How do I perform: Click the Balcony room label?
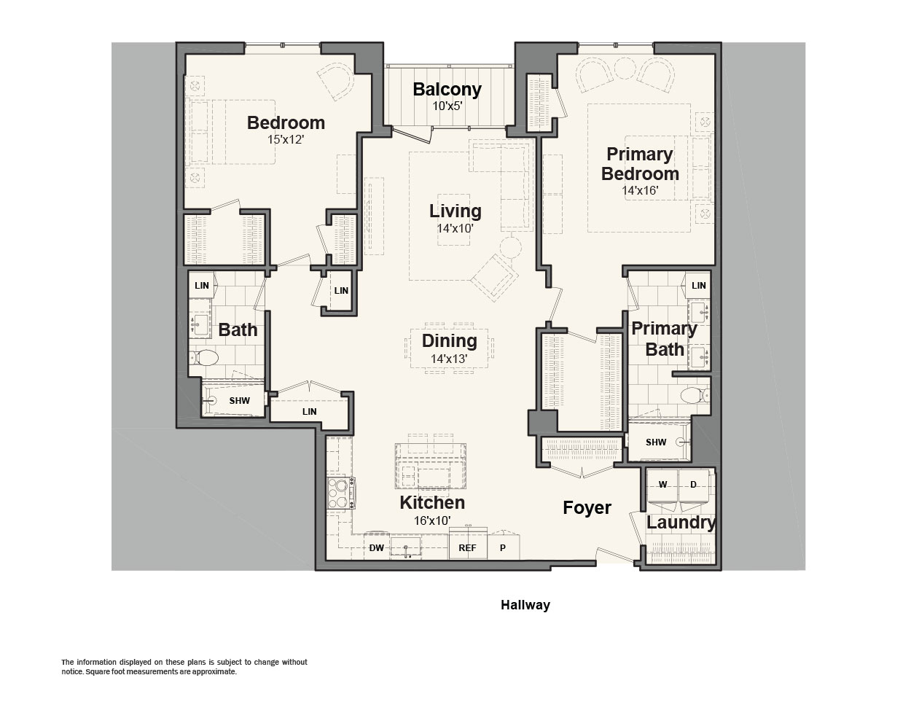447,90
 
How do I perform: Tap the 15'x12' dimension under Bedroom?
286,140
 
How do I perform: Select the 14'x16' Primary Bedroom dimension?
640,190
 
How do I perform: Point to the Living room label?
455,211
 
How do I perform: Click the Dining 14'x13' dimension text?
449,359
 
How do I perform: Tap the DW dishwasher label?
376,548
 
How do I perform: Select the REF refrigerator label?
467,548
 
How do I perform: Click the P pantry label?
502,548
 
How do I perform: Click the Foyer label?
587,507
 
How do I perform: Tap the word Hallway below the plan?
525,605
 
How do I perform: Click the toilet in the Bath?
205,358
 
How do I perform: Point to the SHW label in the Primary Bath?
656,442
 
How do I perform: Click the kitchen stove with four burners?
341,493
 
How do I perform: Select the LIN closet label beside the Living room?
341,291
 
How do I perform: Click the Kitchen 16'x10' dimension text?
431,520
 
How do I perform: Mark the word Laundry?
681,523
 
